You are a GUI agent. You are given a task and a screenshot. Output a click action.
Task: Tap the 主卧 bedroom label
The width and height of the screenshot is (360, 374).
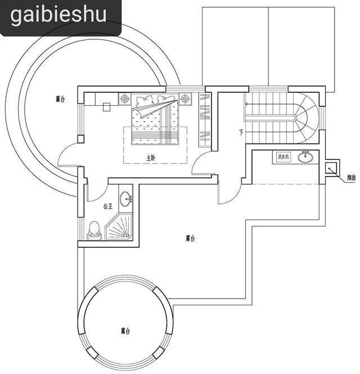click(151, 158)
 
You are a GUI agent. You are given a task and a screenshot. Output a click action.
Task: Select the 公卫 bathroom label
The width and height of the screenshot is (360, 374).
click(109, 206)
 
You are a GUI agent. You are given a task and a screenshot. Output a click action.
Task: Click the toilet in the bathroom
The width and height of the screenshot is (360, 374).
click(94, 229)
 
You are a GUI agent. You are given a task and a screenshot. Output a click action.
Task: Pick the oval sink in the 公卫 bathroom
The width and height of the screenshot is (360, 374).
click(128, 197)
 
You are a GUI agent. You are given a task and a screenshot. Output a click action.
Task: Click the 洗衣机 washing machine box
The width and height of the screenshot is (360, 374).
click(283, 157)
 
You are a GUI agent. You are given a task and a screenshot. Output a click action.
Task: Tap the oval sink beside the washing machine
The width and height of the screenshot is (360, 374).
click(306, 157)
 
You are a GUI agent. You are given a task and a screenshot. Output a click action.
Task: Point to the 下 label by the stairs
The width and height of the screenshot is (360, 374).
click(241, 133)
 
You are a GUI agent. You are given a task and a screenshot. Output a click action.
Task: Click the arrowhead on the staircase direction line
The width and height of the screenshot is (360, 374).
click(246, 103)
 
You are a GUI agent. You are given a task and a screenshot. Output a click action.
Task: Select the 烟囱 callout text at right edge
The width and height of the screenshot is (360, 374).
click(350, 178)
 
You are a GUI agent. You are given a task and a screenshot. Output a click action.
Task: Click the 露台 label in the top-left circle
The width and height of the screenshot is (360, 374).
click(60, 100)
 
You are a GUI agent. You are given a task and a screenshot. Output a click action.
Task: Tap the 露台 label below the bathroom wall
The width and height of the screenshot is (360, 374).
click(191, 238)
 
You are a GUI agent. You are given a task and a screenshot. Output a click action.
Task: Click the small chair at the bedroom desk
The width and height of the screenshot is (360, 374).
click(106, 107)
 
